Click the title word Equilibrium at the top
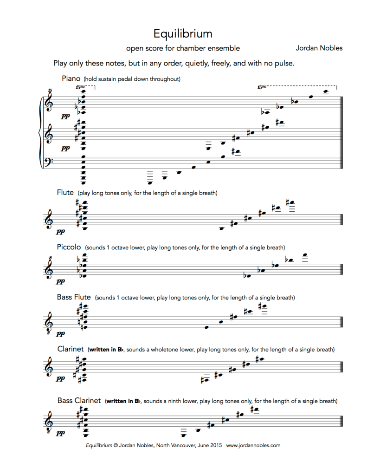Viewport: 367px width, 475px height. [183, 33]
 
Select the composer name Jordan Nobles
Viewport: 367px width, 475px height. [319, 48]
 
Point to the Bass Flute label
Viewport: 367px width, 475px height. [74, 297]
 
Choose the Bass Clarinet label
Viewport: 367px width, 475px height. [79, 400]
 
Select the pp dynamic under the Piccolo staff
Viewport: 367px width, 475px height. [61, 281]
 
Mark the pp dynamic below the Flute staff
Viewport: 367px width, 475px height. [61, 231]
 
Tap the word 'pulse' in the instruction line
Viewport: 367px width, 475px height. [284, 63]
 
